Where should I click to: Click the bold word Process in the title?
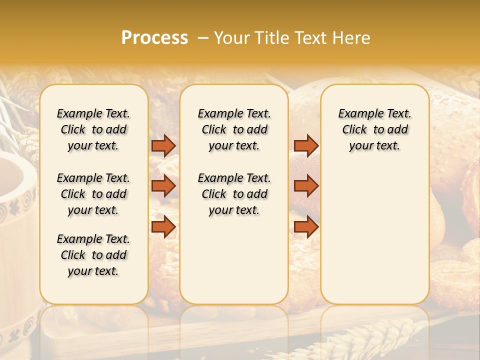coord(154,38)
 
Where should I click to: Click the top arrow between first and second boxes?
coord(163,145)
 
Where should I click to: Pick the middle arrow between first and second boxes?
coord(163,186)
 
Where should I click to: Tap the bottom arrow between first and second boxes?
coord(163,227)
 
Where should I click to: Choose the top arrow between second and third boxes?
coord(306,145)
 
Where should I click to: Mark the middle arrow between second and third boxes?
coord(306,186)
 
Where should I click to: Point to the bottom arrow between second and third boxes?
coord(306,227)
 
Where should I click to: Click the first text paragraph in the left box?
coord(93,129)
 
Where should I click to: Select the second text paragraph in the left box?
coord(93,194)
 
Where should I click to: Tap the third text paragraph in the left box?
coord(93,255)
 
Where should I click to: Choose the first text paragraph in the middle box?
coord(234,129)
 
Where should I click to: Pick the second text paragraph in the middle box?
coord(234,194)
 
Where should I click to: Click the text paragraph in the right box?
coord(375,129)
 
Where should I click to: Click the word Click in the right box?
coord(354,129)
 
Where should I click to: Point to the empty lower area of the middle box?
coord(234,260)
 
